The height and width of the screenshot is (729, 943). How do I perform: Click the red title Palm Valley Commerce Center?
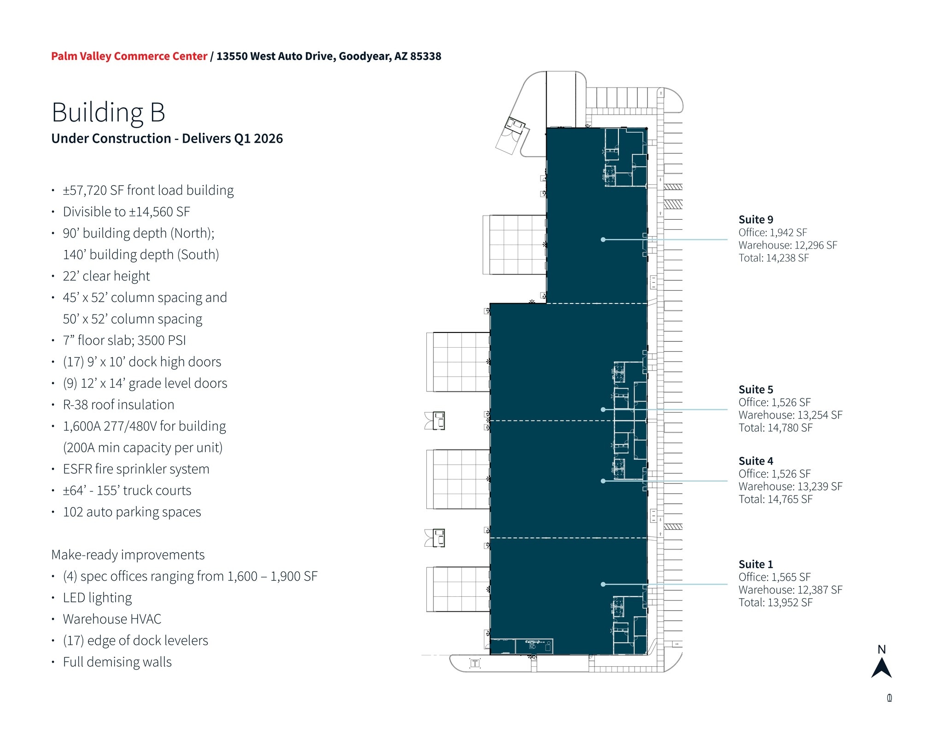click(x=129, y=56)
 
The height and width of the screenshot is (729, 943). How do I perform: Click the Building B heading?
click(x=108, y=112)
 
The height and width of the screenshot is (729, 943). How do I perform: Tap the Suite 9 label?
click(x=756, y=220)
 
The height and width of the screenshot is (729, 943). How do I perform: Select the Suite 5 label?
click(x=756, y=390)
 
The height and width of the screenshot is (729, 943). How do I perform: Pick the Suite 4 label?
click(x=756, y=461)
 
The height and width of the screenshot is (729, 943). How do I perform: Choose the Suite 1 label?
click(x=756, y=564)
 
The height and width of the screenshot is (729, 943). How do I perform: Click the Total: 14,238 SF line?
click(x=774, y=258)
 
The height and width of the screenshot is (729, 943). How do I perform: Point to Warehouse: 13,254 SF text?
click(x=790, y=415)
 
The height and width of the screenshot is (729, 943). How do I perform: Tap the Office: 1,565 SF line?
click(x=774, y=577)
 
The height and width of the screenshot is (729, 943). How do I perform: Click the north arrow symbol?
click(x=881, y=668)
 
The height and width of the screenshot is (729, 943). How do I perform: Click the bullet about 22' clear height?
click(x=106, y=276)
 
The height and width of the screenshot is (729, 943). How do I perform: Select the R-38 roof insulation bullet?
click(x=118, y=405)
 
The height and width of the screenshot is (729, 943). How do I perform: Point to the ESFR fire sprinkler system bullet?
click(x=136, y=469)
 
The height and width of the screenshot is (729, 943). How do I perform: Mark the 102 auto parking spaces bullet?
click(x=132, y=512)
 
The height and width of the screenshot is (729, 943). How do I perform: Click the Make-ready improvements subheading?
click(x=128, y=555)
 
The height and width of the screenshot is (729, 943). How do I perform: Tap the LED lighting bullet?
click(x=97, y=598)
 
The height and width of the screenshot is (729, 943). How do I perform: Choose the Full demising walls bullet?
click(x=117, y=662)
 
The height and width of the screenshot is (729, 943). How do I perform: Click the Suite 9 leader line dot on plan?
click(x=603, y=239)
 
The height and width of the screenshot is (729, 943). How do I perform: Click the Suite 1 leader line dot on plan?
click(x=603, y=584)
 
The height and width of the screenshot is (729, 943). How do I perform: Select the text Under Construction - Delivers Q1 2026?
click(x=167, y=139)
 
